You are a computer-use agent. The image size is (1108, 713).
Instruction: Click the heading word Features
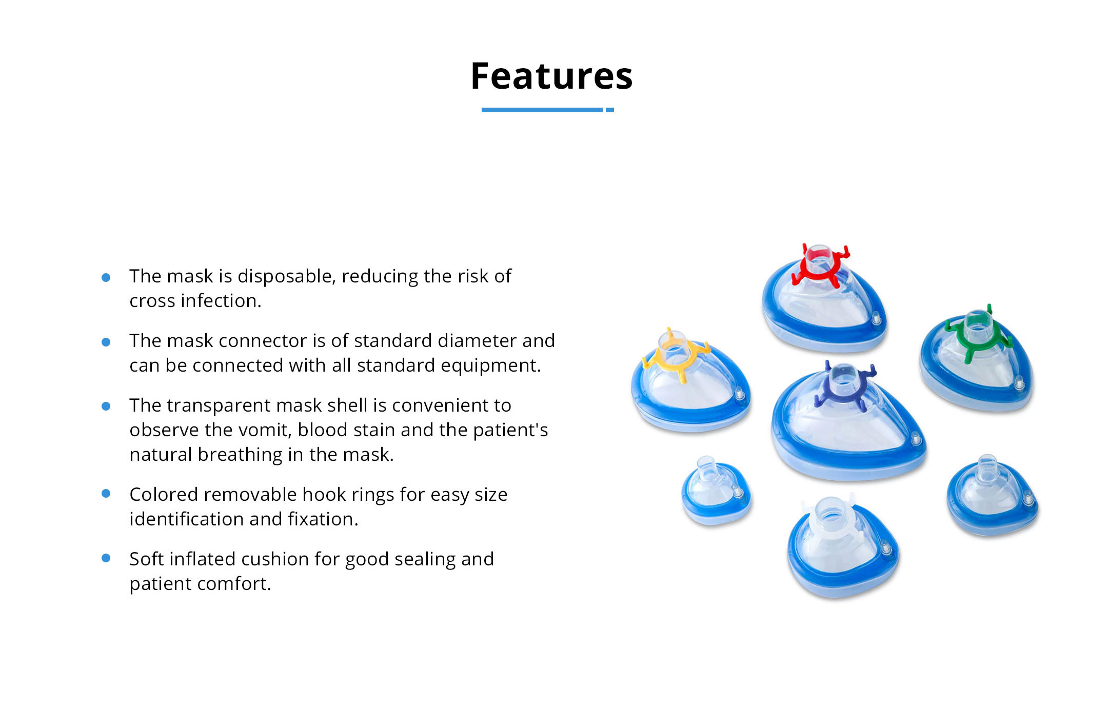point(552,76)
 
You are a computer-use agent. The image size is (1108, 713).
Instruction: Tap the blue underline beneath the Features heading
point(547,110)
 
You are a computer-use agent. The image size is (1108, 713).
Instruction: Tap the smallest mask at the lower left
point(717,491)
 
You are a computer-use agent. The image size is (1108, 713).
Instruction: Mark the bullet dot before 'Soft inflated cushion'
point(106,558)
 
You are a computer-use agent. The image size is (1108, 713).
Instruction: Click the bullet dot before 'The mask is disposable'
point(106,277)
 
